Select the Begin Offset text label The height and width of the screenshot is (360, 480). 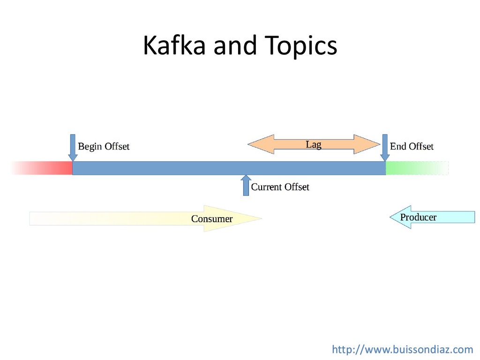click(103, 147)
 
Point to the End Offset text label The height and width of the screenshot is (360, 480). click(412, 147)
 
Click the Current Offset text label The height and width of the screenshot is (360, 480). click(280, 187)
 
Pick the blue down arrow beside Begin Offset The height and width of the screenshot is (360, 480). click(73, 147)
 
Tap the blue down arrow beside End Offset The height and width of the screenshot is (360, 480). click(384, 147)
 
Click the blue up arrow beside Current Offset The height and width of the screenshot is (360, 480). click(246, 185)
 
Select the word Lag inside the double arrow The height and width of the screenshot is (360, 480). click(314, 144)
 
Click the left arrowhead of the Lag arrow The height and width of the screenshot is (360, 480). click(260, 144)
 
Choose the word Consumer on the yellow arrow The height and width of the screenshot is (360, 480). click(212, 219)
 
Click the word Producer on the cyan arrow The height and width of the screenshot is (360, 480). click(418, 217)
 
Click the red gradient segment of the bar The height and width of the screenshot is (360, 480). click(52, 168)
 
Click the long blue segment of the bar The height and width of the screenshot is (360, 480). click(229, 168)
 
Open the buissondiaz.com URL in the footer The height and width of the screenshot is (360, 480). click(403, 349)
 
